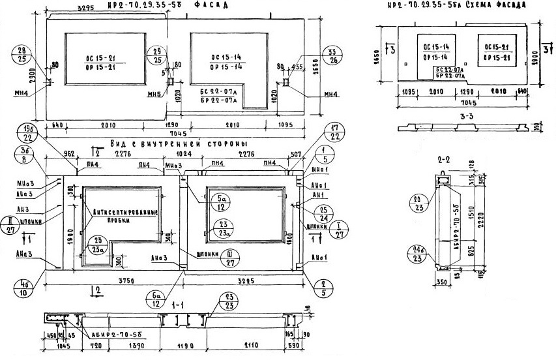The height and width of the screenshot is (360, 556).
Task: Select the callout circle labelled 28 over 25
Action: pos(23,55)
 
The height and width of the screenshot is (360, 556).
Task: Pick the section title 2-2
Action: pos(445,157)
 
